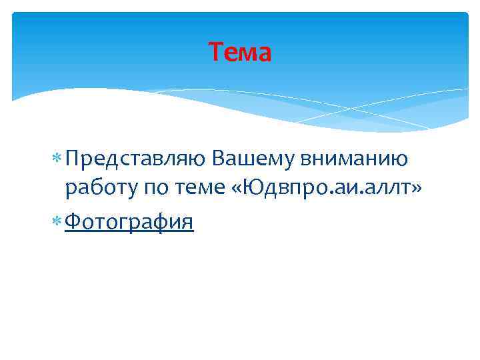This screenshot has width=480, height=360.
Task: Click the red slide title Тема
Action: point(240,52)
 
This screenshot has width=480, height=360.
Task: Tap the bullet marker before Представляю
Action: point(56,159)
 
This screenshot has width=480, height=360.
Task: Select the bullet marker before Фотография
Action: point(56,221)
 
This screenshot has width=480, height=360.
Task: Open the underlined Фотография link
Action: point(129,221)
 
